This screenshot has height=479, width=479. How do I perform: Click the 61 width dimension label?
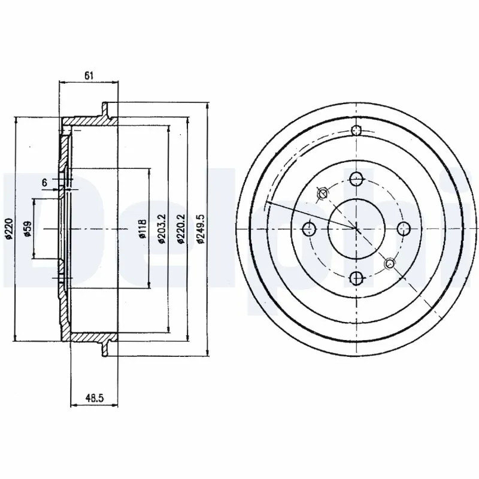point(89,76)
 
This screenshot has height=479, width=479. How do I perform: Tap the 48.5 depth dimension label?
point(95,398)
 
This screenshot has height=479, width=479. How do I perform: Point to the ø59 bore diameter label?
point(28,229)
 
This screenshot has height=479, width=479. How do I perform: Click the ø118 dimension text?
point(143,229)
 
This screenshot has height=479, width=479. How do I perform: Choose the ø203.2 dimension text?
point(162,229)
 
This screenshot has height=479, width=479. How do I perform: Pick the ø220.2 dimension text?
point(181,229)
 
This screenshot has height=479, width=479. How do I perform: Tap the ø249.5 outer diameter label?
point(201,229)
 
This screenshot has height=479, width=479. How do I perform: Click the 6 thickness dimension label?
point(44,183)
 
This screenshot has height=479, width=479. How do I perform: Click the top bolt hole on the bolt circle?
point(356,179)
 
